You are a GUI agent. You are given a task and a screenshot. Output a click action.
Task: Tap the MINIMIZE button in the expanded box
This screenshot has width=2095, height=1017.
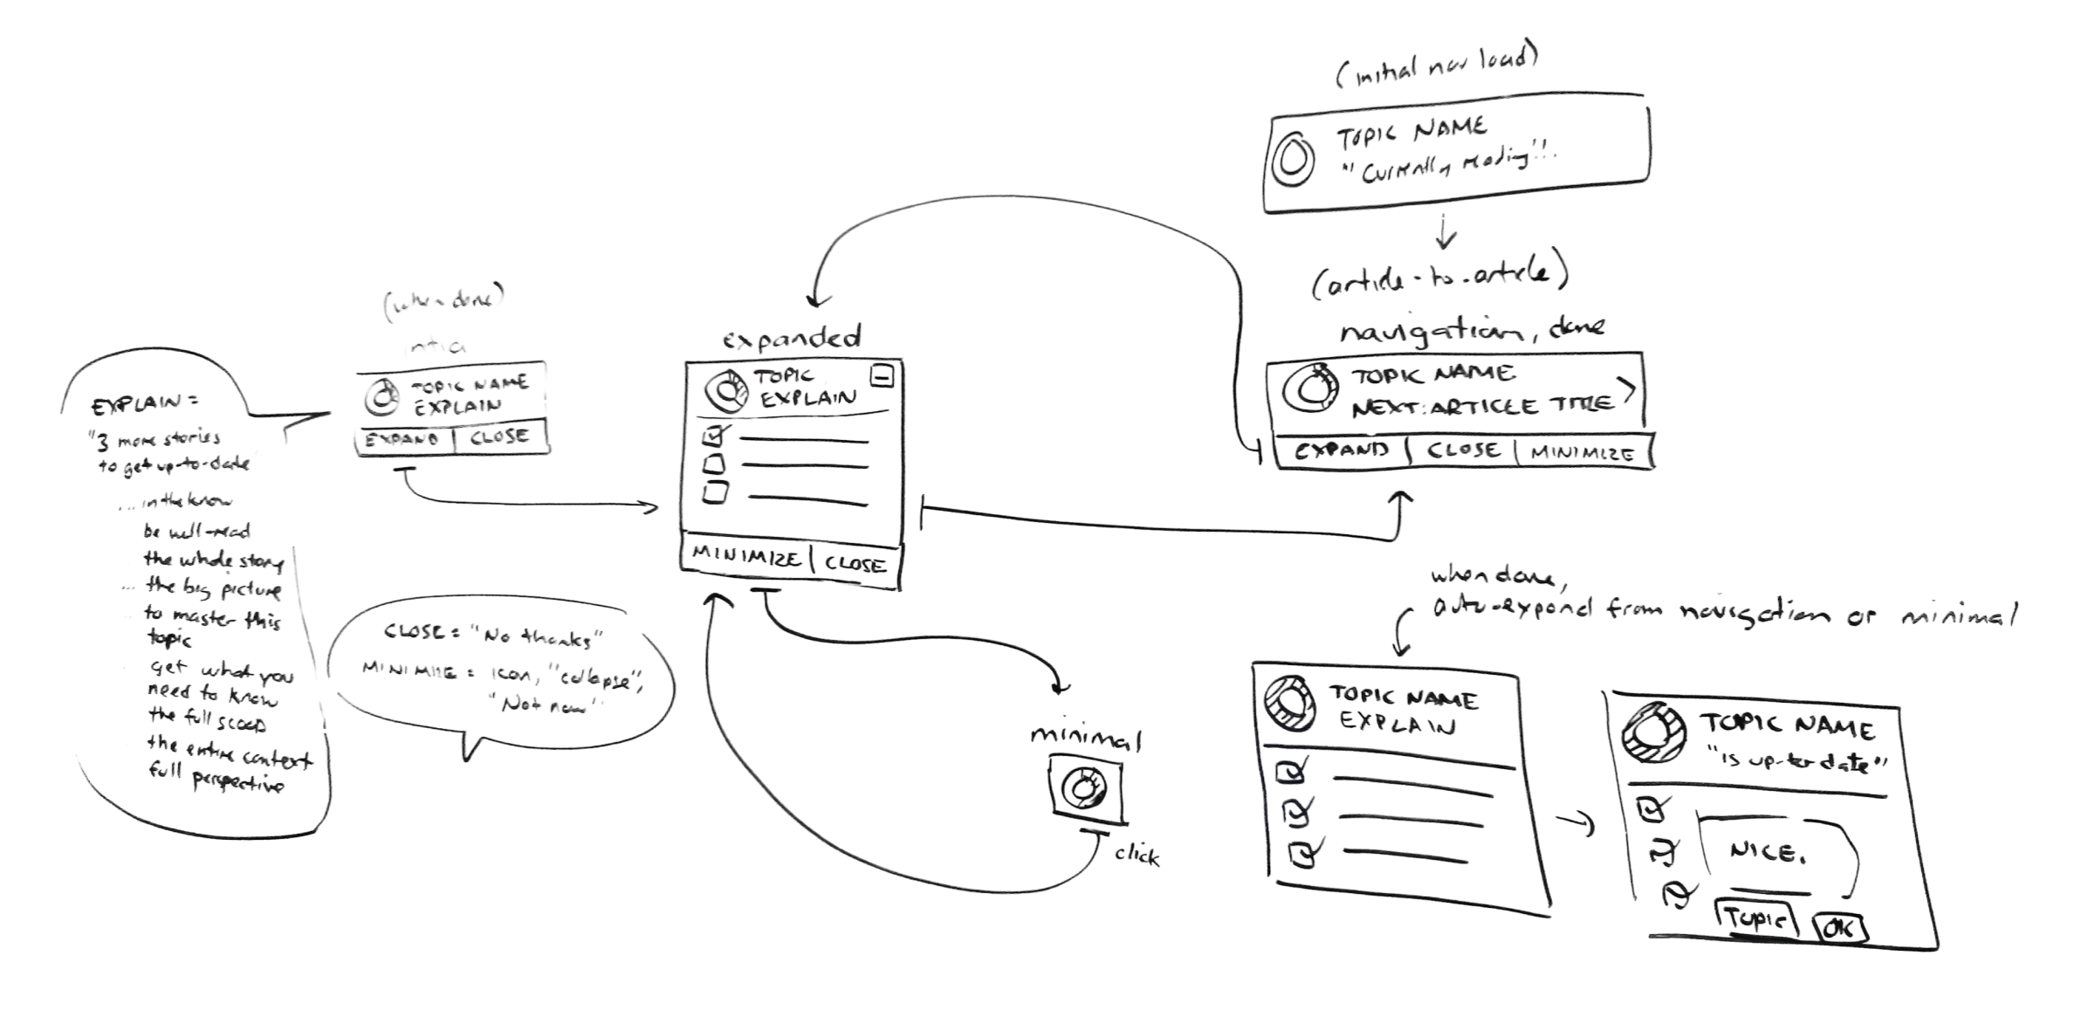click(746, 559)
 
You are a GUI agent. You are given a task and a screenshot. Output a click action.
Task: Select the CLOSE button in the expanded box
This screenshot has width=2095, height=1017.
click(855, 565)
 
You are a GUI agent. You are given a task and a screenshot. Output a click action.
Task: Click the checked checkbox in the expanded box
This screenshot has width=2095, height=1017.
click(713, 434)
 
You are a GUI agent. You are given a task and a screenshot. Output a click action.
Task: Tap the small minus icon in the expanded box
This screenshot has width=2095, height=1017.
click(883, 376)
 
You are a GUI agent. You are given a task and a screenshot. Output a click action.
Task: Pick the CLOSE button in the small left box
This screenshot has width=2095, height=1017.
click(499, 436)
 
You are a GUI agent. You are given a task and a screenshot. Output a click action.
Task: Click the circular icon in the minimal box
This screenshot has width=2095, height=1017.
click(1085, 789)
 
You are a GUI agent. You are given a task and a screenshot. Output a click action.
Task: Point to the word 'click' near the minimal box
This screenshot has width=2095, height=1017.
click(1137, 856)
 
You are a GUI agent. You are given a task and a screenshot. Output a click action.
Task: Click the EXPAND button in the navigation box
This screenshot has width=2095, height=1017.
click(1341, 450)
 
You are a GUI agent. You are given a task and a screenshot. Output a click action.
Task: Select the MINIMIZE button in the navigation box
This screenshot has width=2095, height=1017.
click(1582, 454)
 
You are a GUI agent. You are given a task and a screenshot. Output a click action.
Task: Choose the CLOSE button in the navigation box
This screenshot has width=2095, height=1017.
click(1463, 450)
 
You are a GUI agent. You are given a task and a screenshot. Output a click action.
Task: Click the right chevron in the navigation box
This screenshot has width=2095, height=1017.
click(1626, 391)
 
